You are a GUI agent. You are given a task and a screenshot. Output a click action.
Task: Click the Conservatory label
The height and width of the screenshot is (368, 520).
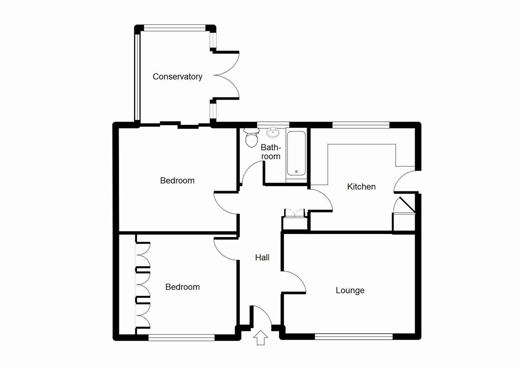tap(177, 77)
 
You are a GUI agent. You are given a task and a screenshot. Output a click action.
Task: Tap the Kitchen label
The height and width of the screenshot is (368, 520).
tap(361, 187)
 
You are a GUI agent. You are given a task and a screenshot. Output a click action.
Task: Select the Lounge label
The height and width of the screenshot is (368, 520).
tap(350, 290)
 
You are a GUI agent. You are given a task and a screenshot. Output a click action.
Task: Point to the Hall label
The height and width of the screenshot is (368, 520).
tap(262, 258)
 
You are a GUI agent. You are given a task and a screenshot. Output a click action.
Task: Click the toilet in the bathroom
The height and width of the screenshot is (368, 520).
tap(251, 138)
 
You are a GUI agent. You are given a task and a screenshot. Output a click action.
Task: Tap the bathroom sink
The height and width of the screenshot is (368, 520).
tap(273, 132)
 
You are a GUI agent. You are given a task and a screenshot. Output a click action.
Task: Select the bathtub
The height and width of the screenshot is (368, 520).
tap(296, 153)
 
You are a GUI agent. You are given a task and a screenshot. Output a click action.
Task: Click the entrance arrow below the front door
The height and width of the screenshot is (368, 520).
tap(261, 337)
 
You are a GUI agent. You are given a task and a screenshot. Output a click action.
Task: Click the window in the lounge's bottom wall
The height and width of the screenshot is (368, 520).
tap(354, 337)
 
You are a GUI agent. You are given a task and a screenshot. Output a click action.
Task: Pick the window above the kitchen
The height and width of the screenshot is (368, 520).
tap(361, 125)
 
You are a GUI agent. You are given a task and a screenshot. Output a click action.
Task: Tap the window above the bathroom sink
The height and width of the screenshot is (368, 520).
tap(273, 124)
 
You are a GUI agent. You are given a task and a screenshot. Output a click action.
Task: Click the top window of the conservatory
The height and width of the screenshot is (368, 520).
tap(174, 28)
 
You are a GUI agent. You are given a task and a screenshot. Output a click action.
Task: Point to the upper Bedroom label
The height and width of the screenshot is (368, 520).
tap(177, 181)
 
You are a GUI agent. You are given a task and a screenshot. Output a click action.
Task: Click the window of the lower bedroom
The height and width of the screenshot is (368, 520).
tap(181, 337)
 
